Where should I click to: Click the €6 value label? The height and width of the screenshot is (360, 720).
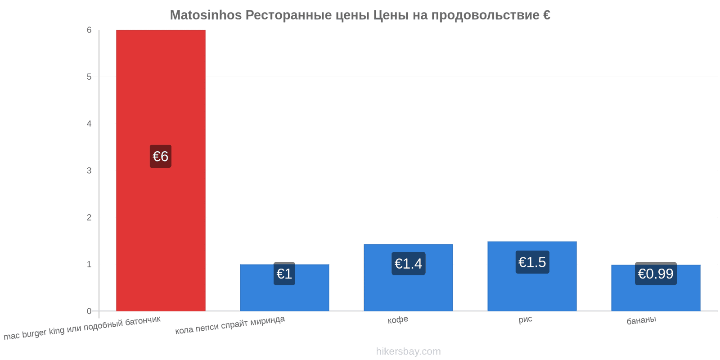(161, 157)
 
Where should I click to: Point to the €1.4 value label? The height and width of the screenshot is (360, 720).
(408, 264)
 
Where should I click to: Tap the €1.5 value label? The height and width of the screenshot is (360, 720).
(532, 262)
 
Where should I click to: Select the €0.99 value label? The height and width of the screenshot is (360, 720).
(656, 274)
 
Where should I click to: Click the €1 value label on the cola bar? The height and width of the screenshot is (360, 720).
(284, 274)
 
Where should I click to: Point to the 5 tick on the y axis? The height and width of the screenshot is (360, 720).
(89, 77)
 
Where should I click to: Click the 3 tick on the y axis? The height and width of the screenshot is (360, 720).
(89, 171)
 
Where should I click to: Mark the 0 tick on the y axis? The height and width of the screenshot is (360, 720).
(89, 311)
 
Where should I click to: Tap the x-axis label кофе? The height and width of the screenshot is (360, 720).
(398, 320)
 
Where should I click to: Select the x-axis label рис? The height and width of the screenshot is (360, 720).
(525, 319)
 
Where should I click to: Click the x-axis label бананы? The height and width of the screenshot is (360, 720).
(641, 320)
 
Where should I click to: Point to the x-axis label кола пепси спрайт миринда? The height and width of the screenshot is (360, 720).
(230, 325)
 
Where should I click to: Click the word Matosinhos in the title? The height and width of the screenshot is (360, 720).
(206, 15)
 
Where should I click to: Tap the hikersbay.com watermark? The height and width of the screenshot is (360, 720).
(408, 351)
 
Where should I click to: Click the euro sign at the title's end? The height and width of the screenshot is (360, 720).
(546, 15)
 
